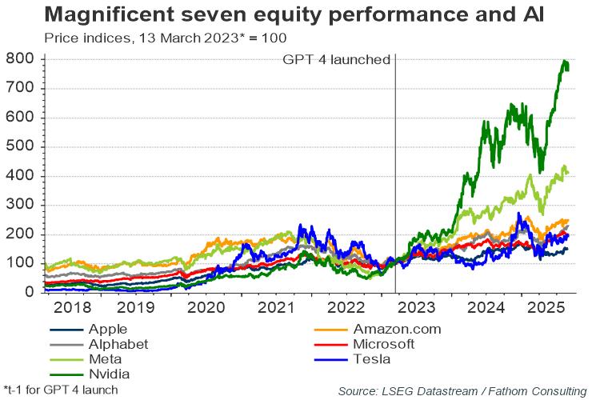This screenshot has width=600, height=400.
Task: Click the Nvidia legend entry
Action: (90, 374)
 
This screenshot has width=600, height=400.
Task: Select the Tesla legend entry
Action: (352, 359)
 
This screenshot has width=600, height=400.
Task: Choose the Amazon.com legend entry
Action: (378, 329)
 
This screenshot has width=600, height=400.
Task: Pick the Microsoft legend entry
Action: (364, 344)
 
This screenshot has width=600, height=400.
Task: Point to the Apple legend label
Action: (108, 329)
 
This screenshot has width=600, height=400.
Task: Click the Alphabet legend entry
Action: (98, 344)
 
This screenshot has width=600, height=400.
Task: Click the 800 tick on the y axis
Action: (20, 58)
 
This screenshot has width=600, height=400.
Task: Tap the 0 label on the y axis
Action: (30, 292)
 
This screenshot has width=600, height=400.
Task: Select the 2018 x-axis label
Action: (73, 307)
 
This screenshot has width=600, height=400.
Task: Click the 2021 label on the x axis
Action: (276, 307)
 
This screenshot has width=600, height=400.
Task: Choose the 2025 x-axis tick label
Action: (546, 307)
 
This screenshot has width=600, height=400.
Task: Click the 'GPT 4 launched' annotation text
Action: (336, 60)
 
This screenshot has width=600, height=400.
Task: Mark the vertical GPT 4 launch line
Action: (395, 174)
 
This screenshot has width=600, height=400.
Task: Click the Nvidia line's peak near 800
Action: (564, 61)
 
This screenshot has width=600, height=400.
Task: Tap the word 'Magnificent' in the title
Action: (110, 14)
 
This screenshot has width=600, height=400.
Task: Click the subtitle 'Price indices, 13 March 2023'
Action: (142, 38)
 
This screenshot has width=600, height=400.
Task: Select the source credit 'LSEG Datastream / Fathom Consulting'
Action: (484, 391)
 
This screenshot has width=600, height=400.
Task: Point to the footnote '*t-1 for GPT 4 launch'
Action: (61, 390)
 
